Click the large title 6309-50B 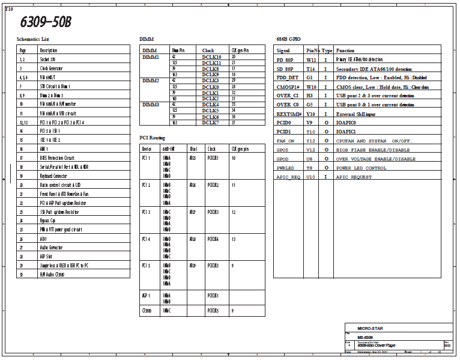[46, 22]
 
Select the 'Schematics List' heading [32, 38]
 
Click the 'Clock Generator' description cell [53, 69]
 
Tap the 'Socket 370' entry [50, 59]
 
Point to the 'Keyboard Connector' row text [53, 175]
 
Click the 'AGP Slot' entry [47, 256]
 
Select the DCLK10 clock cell [211, 56]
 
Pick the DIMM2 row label [150, 81]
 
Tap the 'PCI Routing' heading [153, 138]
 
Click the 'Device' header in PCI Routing [146, 148]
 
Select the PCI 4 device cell [146, 239]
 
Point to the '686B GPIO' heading [289, 38]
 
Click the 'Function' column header [345, 50]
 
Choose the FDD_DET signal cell [287, 78]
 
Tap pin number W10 [310, 87]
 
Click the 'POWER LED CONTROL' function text [360, 168]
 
